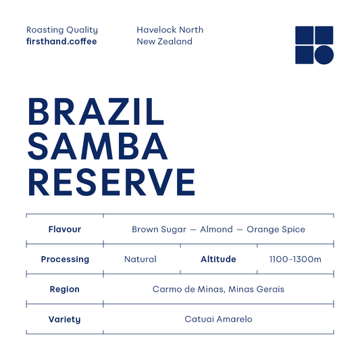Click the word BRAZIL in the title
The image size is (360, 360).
click(95, 112)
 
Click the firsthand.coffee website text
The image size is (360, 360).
click(61, 42)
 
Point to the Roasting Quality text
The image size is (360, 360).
click(62, 30)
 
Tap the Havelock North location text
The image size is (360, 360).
click(170, 30)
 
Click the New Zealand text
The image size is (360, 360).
click(164, 42)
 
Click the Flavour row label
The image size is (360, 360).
click(65, 230)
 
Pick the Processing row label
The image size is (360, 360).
click(65, 259)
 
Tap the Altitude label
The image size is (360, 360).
click(218, 259)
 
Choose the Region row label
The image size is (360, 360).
click(65, 289)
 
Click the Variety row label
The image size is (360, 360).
click(65, 319)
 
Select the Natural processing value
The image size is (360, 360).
click(140, 259)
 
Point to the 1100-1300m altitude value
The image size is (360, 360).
click(295, 259)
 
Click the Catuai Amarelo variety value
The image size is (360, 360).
click(218, 319)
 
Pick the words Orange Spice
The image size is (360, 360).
click(276, 230)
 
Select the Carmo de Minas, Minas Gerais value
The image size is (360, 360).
click(218, 289)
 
